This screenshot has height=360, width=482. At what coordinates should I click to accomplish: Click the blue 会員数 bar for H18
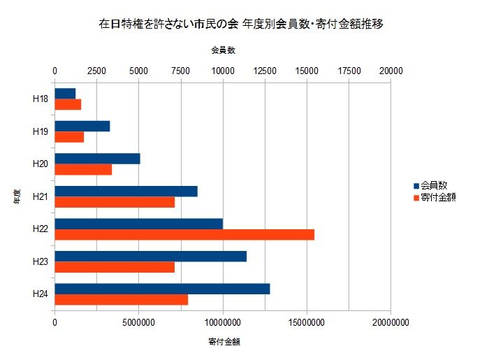click(65, 94)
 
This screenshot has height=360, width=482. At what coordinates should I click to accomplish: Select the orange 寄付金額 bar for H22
click(184, 234)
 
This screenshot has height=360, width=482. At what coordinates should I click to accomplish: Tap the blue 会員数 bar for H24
click(162, 289)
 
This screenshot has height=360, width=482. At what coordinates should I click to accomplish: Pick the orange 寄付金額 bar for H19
click(69, 137)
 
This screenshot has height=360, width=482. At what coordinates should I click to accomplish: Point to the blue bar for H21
click(126, 191)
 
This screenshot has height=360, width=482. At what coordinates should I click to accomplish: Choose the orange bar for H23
click(115, 267)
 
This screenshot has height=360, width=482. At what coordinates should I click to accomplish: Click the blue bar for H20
click(97, 159)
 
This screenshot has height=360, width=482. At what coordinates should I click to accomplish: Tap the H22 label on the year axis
click(40, 229)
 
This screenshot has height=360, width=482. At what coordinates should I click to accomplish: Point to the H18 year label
click(40, 99)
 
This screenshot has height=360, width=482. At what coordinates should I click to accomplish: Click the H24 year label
click(40, 294)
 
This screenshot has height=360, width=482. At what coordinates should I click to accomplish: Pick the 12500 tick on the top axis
click(264, 71)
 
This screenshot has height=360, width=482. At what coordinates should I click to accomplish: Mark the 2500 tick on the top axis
click(96, 71)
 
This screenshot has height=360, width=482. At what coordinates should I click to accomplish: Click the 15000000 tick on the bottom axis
click(307, 323)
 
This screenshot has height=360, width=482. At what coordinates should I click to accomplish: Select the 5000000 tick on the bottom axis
click(138, 323)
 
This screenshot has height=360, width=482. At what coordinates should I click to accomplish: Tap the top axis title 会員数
click(223, 51)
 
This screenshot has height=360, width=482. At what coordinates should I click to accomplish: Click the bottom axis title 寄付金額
click(223, 342)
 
